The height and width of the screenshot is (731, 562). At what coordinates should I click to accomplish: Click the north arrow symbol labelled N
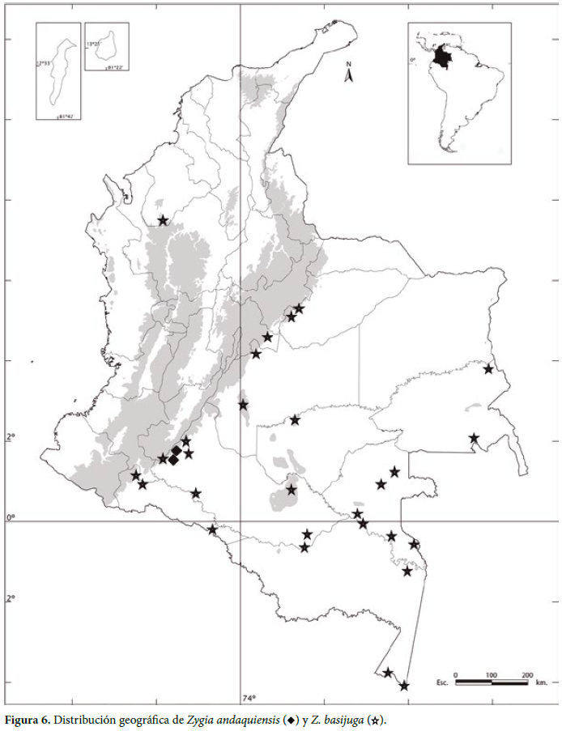[349, 74]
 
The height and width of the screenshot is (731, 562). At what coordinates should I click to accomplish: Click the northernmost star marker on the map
[163, 220]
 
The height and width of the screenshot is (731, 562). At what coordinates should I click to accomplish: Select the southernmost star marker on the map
[404, 686]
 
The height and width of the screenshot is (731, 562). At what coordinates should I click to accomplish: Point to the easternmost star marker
[488, 369]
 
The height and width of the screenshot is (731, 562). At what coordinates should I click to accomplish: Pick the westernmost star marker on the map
[135, 475]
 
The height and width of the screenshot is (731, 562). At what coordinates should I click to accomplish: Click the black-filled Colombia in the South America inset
[441, 57]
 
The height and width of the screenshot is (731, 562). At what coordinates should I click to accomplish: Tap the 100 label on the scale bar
[491, 674]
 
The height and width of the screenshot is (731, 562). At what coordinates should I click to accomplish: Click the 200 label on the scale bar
[526, 674]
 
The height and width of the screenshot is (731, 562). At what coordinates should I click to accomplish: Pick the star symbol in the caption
[373, 720]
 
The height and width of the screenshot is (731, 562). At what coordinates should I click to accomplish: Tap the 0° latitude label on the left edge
[11, 517]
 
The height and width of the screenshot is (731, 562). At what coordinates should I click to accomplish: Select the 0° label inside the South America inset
[413, 59]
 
